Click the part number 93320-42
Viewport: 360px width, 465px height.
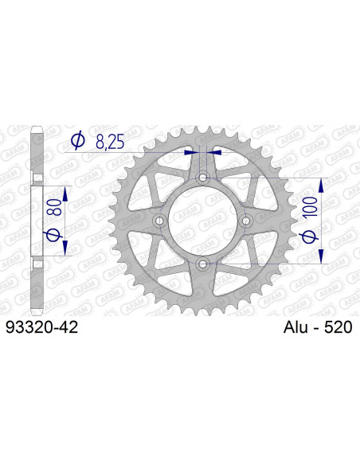point(41,326)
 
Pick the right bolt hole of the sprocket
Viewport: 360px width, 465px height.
point(245,221)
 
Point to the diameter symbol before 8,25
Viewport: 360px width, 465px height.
point(77,142)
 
